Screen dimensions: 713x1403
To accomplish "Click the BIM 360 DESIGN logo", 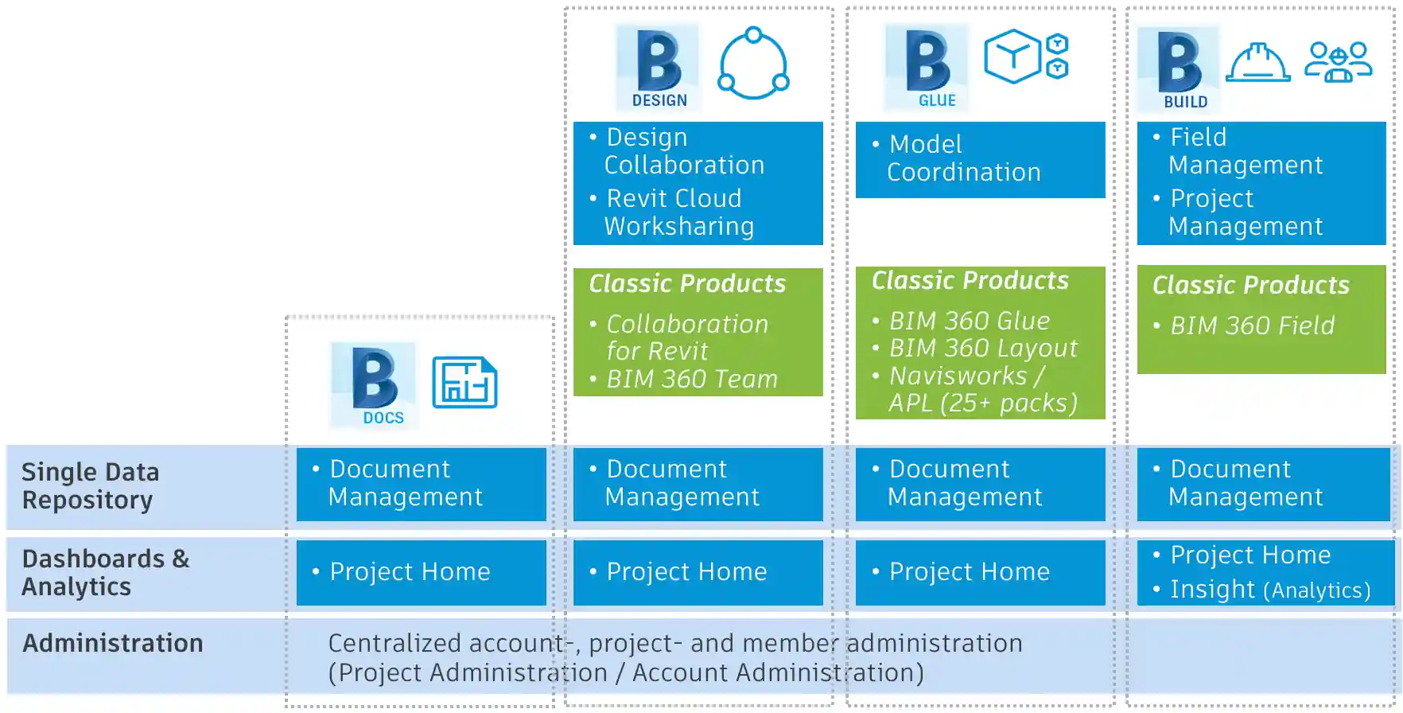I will click(658, 68).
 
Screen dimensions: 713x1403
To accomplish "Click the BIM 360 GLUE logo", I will click(927, 68).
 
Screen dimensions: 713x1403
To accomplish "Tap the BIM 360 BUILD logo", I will click(1179, 69).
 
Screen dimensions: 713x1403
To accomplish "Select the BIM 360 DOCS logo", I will click(373, 385).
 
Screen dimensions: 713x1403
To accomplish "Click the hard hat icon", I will click(1257, 62).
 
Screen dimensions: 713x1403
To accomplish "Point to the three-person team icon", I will click(1338, 62).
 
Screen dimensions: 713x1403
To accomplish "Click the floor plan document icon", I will click(464, 383).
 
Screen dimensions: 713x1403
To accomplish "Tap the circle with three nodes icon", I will click(753, 64).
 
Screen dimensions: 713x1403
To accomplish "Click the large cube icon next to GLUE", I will click(1012, 56).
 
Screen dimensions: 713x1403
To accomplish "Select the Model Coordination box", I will click(980, 159).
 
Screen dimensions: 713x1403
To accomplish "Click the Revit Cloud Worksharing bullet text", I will click(678, 212).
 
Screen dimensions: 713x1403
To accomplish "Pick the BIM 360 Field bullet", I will click(1251, 325).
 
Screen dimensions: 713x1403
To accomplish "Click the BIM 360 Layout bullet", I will click(982, 349).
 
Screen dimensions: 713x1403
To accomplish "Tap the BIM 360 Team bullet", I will click(691, 380).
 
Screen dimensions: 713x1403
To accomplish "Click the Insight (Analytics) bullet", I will click(1269, 590).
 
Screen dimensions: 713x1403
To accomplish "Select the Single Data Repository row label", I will click(90, 486).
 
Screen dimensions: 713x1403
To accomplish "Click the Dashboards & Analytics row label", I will click(105, 573).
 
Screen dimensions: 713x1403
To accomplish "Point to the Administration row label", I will click(112, 643).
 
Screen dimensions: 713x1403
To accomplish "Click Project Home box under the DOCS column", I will click(421, 572).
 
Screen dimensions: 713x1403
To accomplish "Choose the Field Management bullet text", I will click(1245, 151).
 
